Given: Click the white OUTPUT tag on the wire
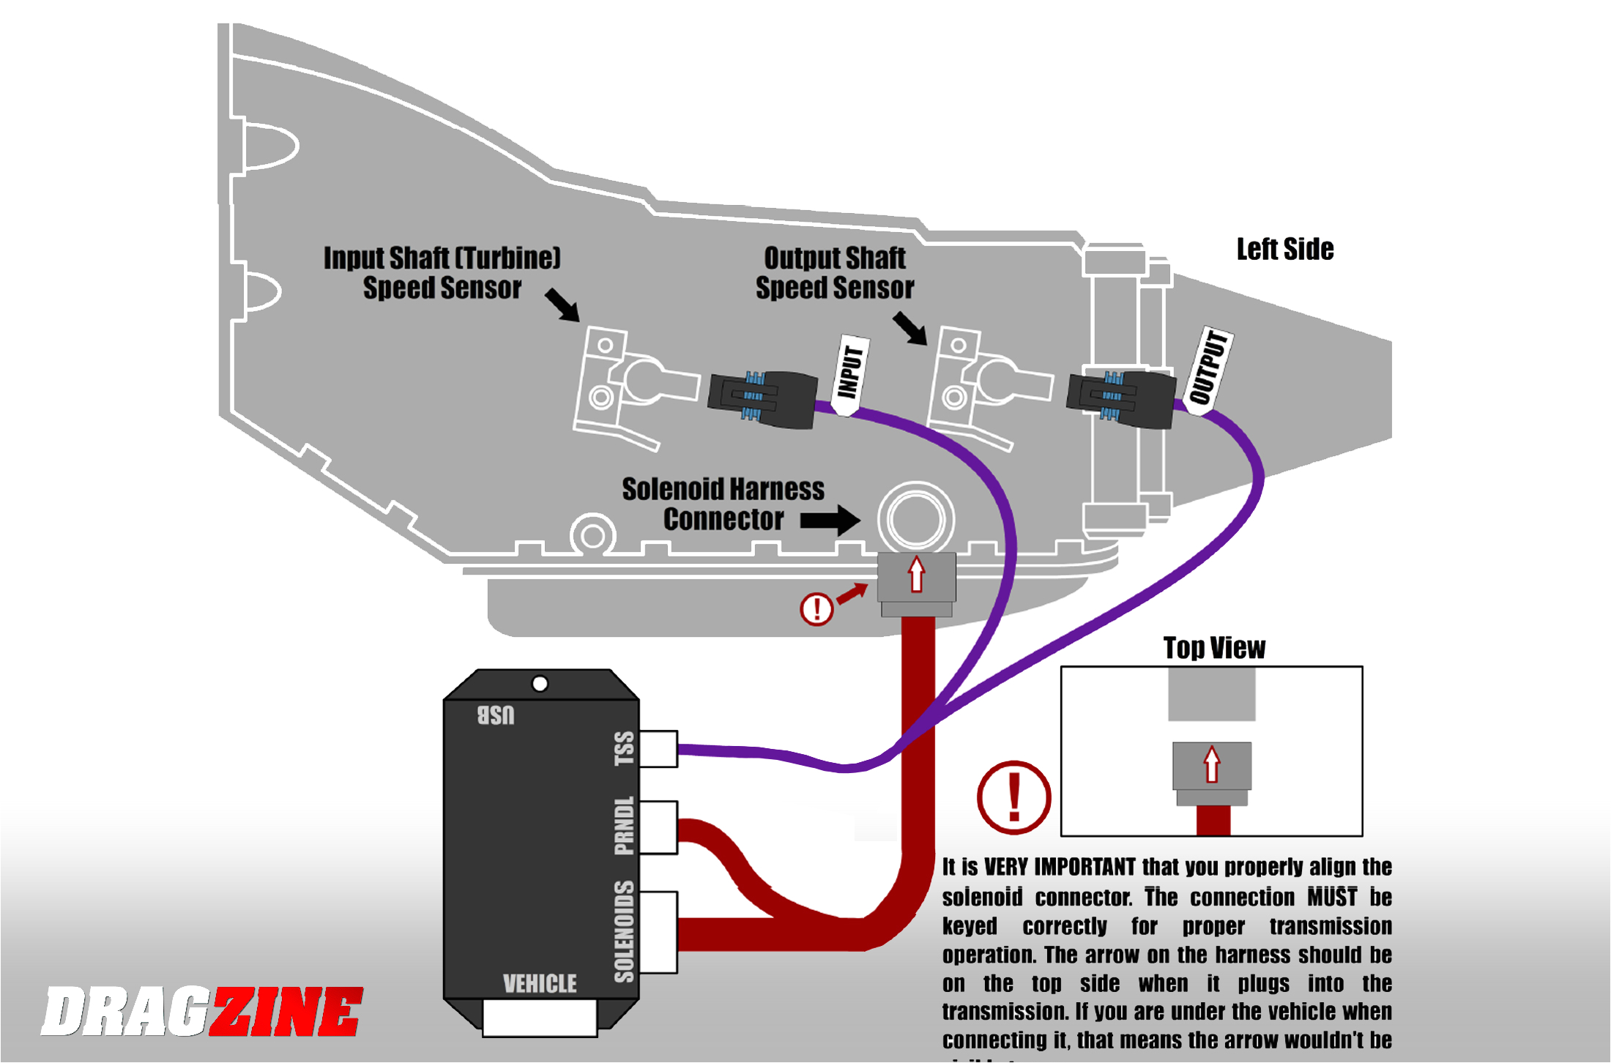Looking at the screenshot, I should click(x=1209, y=370).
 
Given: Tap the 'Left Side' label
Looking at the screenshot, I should click(x=1284, y=250).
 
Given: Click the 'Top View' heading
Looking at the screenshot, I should click(x=1213, y=648).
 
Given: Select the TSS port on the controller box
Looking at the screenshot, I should click(x=658, y=748).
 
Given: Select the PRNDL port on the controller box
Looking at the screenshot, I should click(x=658, y=827).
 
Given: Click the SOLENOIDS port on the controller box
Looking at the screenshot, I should click(x=658, y=932).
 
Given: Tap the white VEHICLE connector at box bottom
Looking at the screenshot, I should click(x=540, y=1018).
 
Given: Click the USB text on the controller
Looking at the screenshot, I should click(x=496, y=715).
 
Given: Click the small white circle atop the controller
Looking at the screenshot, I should click(x=540, y=684).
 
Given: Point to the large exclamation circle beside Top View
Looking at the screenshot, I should click(x=1013, y=797).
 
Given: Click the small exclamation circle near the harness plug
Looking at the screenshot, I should click(x=816, y=608).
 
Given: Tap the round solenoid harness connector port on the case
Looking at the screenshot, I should click(x=915, y=518).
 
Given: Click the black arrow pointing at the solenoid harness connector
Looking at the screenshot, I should click(x=830, y=521).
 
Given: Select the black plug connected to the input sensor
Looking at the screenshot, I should click(x=762, y=399).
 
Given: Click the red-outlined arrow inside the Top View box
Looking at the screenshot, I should click(x=1212, y=764).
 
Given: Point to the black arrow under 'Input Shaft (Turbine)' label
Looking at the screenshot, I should click(x=562, y=305).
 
